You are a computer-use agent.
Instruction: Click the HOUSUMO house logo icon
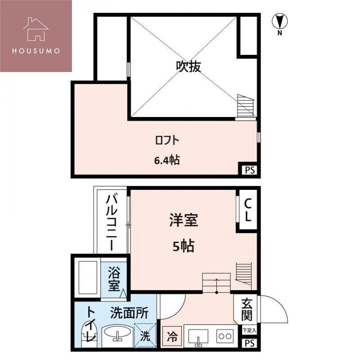point(36,29)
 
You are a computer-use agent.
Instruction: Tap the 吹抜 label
point(188,67)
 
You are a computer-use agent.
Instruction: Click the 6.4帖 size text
point(167,160)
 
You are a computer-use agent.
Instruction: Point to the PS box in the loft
point(249,170)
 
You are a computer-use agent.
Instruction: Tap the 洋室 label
point(184,221)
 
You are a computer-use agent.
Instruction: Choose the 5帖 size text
point(184,246)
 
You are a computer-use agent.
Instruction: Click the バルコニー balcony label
point(112,222)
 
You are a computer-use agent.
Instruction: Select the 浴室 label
point(114,279)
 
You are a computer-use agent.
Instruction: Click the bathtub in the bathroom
point(87,278)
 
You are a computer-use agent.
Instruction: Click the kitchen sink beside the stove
point(198,336)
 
